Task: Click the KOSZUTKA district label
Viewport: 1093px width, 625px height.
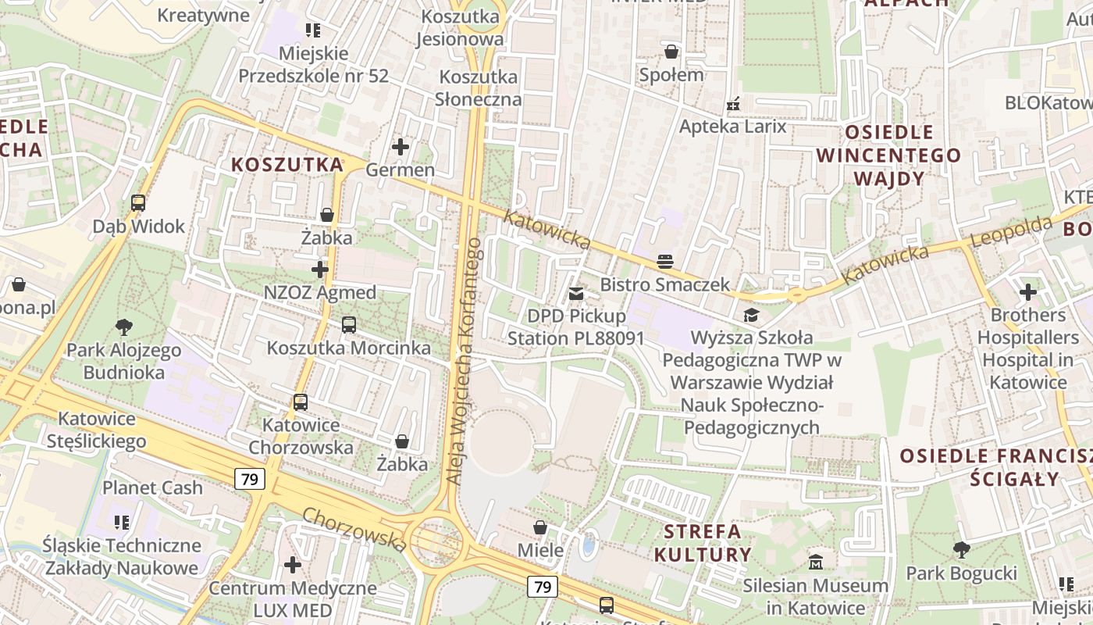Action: (287, 165)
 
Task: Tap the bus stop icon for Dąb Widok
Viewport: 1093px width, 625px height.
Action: (138, 203)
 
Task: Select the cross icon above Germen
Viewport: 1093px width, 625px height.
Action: (401, 146)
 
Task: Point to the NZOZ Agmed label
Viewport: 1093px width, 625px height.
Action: (320, 293)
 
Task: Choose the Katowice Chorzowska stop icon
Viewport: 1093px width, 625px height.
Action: (301, 402)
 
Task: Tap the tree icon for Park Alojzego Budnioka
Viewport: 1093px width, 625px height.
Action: (123, 327)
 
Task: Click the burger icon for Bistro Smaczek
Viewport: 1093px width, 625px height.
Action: (665, 261)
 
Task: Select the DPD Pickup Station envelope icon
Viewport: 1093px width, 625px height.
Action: (576, 294)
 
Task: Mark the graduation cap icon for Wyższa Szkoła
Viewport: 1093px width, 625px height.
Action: (751, 315)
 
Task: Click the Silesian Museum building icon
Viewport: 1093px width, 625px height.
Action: (816, 562)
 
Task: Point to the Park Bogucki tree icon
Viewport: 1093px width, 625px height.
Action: (962, 550)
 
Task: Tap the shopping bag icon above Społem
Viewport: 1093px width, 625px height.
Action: (671, 52)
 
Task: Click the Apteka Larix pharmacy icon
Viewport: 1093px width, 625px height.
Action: (732, 103)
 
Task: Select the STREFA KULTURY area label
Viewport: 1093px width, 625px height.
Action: (703, 543)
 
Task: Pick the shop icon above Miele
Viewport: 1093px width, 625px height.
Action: (539, 527)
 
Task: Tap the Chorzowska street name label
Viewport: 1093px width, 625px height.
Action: (354, 529)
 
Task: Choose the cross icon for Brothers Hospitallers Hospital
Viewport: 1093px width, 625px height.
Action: (1027, 292)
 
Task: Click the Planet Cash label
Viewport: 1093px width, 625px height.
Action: (153, 488)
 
